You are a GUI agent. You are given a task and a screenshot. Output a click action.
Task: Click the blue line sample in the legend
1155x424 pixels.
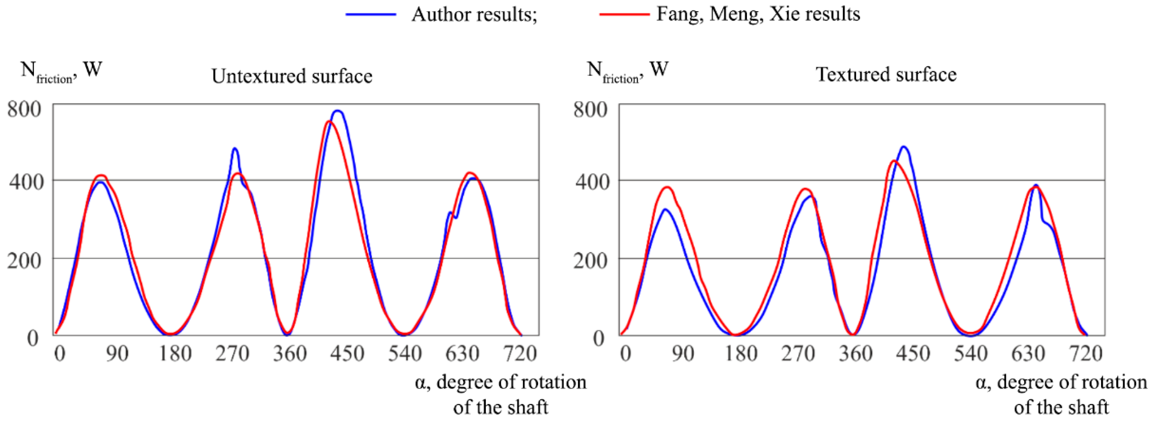pos(371,15)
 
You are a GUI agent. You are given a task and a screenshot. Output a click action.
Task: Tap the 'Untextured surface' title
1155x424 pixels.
pos(292,76)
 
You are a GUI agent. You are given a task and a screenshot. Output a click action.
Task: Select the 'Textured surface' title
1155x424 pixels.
pos(886,75)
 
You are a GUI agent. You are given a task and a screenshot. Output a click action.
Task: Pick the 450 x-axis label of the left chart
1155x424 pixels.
pos(347,354)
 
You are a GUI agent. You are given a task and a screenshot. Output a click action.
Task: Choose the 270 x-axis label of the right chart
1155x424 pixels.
pos(798,354)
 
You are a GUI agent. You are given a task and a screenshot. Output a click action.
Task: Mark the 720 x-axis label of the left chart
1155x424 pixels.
pos(520,354)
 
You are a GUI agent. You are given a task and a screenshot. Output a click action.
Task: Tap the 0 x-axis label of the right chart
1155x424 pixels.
pos(625,354)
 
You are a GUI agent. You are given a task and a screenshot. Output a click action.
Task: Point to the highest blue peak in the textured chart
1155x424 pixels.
pos(904,147)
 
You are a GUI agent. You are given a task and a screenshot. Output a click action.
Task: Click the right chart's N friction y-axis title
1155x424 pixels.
pos(627,72)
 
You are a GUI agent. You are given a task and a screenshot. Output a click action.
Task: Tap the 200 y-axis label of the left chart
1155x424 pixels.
pos(24,260)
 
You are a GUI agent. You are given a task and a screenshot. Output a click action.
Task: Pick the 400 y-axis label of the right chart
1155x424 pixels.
pos(590,182)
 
